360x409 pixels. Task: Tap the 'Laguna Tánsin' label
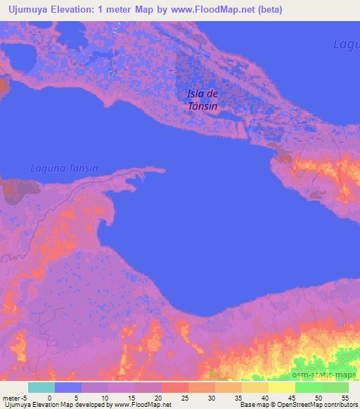pyautogui.click(x=64, y=168)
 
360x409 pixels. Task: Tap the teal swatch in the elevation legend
pyautogui.click(x=41, y=387)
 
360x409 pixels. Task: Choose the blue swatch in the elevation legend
pyautogui.click(x=68, y=387)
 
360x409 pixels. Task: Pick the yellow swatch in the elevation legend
pyautogui.click(x=281, y=387)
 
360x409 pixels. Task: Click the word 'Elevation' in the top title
pyautogui.click(x=76, y=8)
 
